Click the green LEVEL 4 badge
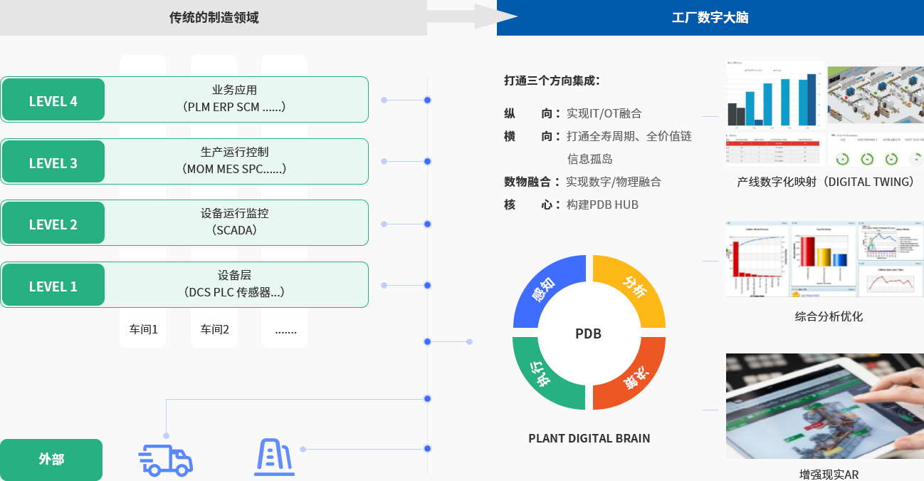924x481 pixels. point(53,100)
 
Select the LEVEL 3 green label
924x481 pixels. point(53,162)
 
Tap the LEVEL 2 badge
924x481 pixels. point(53,224)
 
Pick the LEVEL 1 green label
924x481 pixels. point(53,286)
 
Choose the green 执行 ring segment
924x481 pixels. point(545,376)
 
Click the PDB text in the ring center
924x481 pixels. point(589,333)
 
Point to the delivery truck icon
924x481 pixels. point(166,460)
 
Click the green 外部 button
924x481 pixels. point(51,460)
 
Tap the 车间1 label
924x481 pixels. point(143,330)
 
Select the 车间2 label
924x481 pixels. point(214,330)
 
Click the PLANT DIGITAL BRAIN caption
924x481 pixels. point(589,438)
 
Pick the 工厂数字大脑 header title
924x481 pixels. point(710,18)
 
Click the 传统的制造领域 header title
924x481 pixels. point(214,18)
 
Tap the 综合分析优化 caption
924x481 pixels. point(828,316)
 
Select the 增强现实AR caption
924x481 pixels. point(829,474)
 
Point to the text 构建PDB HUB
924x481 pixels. point(602,205)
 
